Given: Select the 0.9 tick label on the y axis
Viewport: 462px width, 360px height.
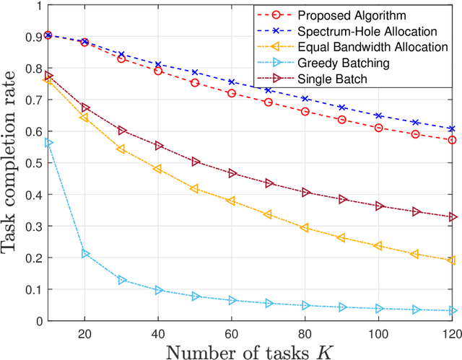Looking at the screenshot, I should (x=32, y=36).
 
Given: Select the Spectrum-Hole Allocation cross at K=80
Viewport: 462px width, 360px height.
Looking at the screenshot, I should (x=305, y=98).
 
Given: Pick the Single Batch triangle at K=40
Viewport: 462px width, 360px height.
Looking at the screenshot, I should (x=159, y=146).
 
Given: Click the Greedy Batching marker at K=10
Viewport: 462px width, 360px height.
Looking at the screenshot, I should (x=49, y=143).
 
